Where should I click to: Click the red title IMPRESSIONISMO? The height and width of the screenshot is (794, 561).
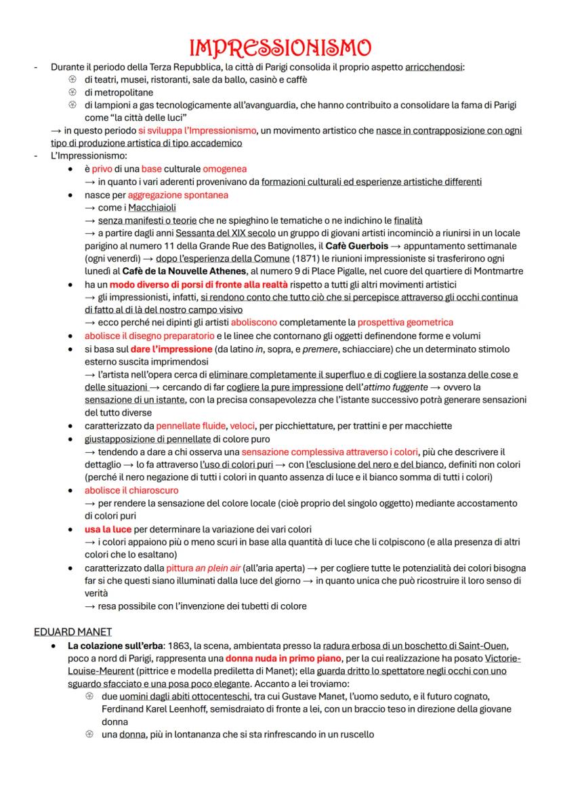[x=280, y=47]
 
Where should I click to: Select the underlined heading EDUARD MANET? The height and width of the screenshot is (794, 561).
[x=73, y=631]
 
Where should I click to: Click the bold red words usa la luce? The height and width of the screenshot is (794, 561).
[x=108, y=528]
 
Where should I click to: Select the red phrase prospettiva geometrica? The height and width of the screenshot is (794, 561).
[x=405, y=322]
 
